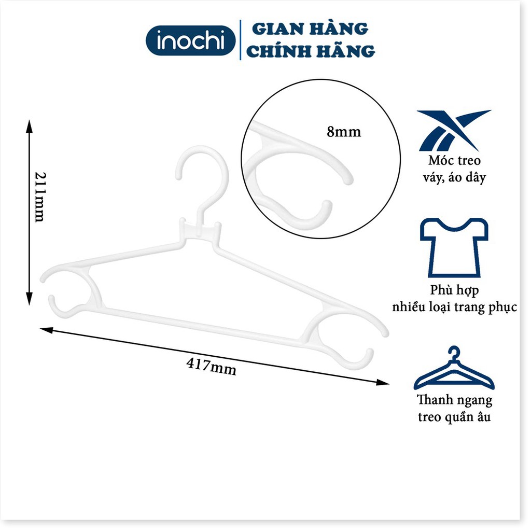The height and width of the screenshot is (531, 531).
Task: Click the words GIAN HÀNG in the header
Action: [310, 29]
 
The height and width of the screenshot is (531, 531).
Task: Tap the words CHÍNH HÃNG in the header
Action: [311, 51]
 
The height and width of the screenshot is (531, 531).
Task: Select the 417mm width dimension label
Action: [211, 367]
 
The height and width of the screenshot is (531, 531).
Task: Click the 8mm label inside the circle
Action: [343, 132]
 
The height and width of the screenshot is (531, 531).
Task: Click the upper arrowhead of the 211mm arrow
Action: [29, 124]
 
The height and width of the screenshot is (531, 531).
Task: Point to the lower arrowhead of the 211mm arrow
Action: [29, 300]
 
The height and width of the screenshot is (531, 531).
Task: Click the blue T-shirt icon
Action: [454, 247]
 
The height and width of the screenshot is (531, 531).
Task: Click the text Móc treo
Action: [454, 160]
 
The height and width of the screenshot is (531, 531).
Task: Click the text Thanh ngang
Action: [454, 400]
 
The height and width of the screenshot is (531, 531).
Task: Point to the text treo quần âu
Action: [454, 417]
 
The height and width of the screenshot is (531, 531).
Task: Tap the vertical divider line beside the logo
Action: [241, 40]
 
